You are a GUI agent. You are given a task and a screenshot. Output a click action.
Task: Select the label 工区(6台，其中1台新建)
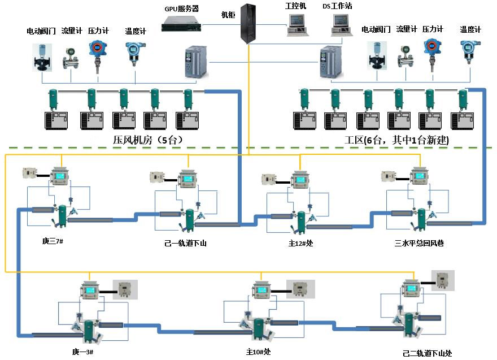click(x=396, y=140)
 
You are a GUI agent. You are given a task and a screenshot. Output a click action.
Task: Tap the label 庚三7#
click(x=53, y=242)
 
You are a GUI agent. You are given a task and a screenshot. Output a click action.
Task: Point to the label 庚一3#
click(x=82, y=352)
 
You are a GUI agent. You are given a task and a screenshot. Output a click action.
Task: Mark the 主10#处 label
click(x=258, y=352)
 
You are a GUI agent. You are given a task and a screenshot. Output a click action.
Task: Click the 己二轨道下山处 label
click(x=427, y=353)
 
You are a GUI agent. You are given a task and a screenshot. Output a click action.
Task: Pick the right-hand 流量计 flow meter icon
click(x=406, y=57)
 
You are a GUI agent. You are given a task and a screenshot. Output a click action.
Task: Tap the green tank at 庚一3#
click(x=89, y=331)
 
